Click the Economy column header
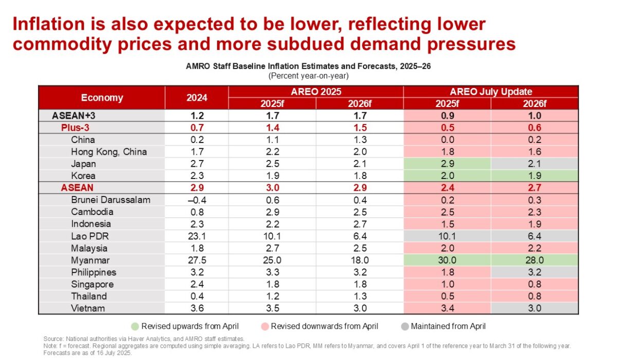pyautogui.click(x=102, y=97)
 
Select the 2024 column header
pyautogui.click(x=197, y=97)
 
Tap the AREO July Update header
pyautogui.click(x=491, y=92)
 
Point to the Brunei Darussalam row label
pyautogui.click(x=111, y=200)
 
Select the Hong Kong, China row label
pyautogui.click(x=108, y=152)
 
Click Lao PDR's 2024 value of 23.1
pyautogui.click(x=197, y=236)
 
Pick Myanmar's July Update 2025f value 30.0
pyautogui.click(x=447, y=260)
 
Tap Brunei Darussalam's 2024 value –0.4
pyautogui.click(x=197, y=200)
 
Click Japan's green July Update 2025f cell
pyautogui.click(x=447, y=164)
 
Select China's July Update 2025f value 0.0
pyautogui.click(x=447, y=139)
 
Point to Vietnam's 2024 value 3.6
pyautogui.click(x=197, y=309)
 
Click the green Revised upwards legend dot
pyautogui.click(x=136, y=326)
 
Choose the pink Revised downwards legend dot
pyautogui.click(x=264, y=326)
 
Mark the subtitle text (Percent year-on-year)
pyautogui.click(x=308, y=76)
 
